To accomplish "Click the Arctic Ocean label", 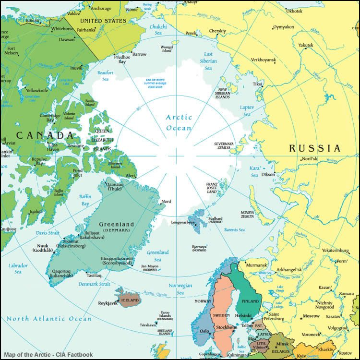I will [x=179, y=122].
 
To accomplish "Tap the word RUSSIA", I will [x=314, y=148].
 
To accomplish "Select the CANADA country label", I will [x=45, y=135].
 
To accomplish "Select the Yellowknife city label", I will [x=39, y=90].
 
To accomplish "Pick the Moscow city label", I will [x=311, y=316].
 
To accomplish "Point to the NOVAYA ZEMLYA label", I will [x=247, y=214].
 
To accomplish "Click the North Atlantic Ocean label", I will [x=48, y=319].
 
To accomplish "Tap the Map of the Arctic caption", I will [x=42, y=355].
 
